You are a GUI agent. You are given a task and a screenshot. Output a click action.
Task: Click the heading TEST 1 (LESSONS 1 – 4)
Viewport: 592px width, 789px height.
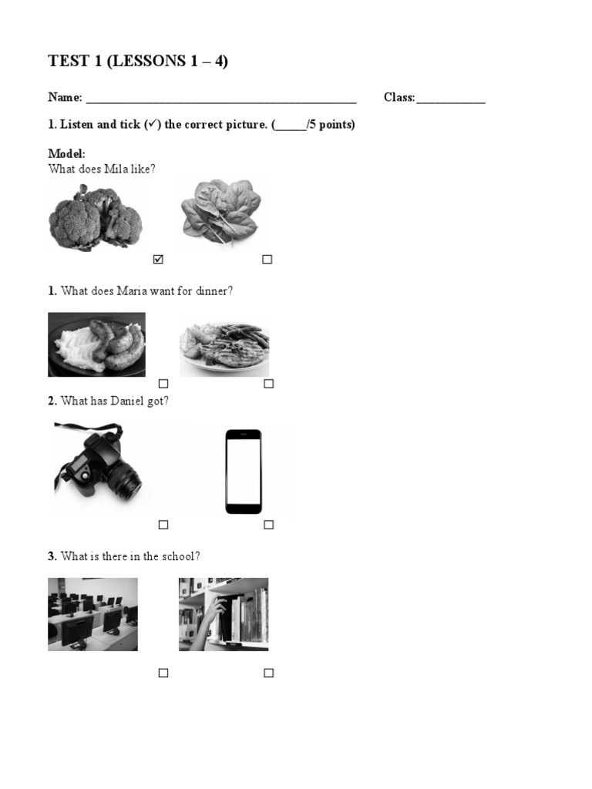[138, 62]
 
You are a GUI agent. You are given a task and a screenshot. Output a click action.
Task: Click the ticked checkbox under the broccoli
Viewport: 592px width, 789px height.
[159, 260]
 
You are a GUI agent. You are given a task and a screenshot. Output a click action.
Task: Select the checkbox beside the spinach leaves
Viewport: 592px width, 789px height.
[267, 260]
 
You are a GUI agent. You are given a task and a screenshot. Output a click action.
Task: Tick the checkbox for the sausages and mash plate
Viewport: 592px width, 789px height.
[163, 384]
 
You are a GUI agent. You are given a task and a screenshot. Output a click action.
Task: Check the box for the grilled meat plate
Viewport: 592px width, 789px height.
[268, 384]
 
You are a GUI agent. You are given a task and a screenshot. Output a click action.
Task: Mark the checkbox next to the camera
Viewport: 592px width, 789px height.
[163, 525]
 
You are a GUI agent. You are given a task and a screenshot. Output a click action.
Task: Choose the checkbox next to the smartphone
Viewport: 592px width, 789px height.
[268, 525]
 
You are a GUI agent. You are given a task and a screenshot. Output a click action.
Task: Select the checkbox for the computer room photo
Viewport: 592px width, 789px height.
[163, 673]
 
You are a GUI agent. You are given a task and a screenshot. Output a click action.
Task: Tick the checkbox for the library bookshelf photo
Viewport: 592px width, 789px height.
[268, 673]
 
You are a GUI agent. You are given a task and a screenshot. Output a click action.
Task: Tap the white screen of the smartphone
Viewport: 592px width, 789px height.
[244, 470]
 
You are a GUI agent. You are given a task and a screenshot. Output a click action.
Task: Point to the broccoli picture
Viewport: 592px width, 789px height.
[96, 217]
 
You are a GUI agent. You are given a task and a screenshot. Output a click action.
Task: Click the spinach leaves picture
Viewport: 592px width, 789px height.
[220, 210]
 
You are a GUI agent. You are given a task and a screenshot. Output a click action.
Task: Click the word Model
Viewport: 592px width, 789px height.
[66, 154]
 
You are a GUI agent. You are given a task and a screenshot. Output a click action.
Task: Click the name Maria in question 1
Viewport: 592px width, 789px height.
[132, 291]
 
